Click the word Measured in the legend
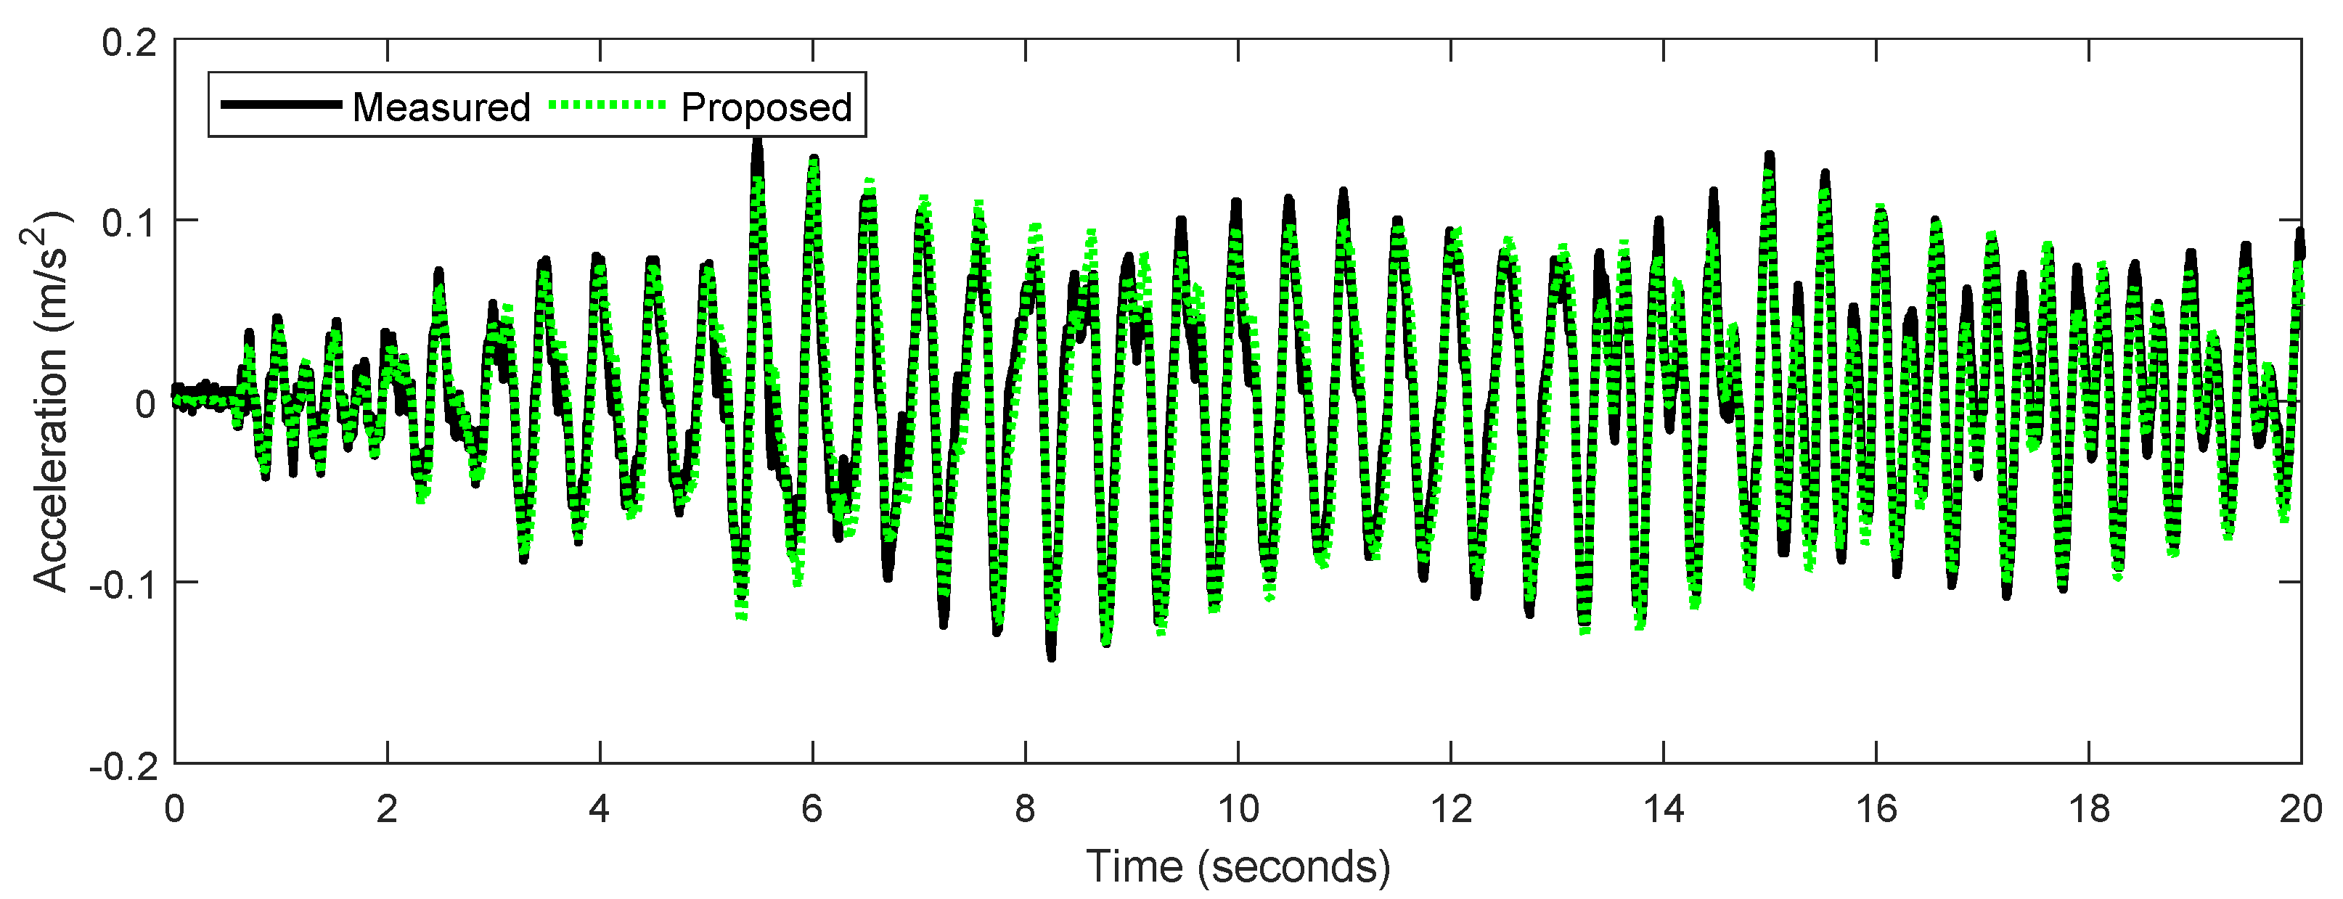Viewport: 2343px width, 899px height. [441, 107]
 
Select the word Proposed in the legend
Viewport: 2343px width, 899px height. [766, 107]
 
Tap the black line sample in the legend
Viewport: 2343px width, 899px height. [281, 104]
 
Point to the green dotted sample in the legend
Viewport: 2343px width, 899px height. [608, 104]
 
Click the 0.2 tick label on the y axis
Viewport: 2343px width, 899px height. [129, 43]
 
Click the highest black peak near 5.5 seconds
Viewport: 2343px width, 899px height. [757, 145]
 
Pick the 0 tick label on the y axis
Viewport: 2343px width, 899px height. [145, 403]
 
